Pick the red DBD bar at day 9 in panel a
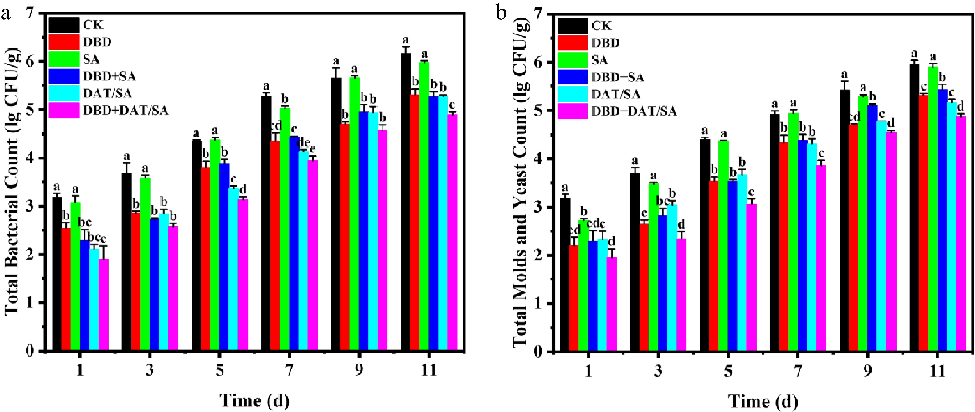(x=345, y=237)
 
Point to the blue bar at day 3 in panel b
(x=662, y=284)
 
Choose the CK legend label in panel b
(x=601, y=26)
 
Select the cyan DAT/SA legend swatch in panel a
(x=64, y=93)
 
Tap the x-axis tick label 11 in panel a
(x=428, y=370)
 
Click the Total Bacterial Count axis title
(x=12, y=182)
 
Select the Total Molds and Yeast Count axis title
(x=520, y=182)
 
